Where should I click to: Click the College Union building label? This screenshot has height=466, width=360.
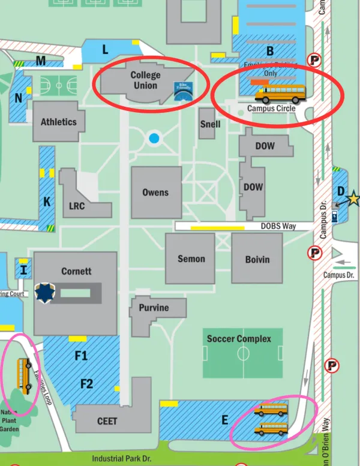(145, 80)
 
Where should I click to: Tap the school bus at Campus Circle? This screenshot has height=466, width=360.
(280, 94)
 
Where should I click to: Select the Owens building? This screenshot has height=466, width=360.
(155, 193)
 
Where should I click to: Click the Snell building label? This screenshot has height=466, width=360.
(210, 124)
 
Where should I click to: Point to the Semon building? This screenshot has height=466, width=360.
(191, 259)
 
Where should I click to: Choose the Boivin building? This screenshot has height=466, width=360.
(257, 259)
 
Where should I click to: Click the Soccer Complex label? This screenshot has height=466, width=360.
(239, 339)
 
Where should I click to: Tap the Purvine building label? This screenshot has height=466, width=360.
(154, 308)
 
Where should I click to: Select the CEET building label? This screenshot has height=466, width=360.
(107, 421)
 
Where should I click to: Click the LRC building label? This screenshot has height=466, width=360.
(77, 206)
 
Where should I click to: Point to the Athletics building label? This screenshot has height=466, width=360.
(58, 122)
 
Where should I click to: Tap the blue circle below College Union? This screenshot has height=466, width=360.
(154, 139)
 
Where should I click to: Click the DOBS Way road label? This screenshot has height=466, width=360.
(278, 226)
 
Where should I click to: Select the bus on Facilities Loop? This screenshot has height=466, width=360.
(25, 376)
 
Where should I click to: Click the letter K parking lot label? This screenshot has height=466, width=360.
(47, 202)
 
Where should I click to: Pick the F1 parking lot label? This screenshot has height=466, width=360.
(81, 356)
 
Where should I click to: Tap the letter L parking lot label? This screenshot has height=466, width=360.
(105, 50)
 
